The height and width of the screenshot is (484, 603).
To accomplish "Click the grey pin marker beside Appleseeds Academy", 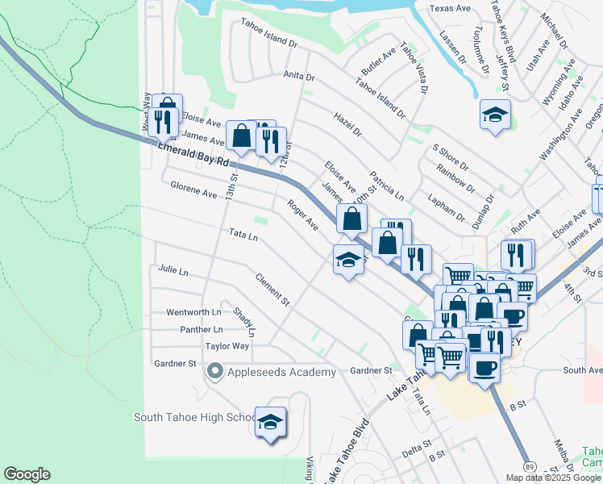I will (214, 371).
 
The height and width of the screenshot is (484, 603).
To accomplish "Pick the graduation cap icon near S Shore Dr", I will (495, 115).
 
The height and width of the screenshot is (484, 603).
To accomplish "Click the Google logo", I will (27, 474).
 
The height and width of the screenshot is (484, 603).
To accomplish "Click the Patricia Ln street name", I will (387, 186).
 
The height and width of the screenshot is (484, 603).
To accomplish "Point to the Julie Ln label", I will (173, 269).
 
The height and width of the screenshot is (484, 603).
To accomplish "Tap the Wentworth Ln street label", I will (193, 312).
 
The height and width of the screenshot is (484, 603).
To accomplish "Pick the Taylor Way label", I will (227, 346).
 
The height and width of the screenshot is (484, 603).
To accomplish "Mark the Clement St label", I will (272, 290).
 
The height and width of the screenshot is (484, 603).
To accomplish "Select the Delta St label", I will (417, 445).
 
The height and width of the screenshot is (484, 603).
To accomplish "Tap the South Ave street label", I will (583, 370).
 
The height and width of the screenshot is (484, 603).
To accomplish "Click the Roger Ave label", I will (303, 215).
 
